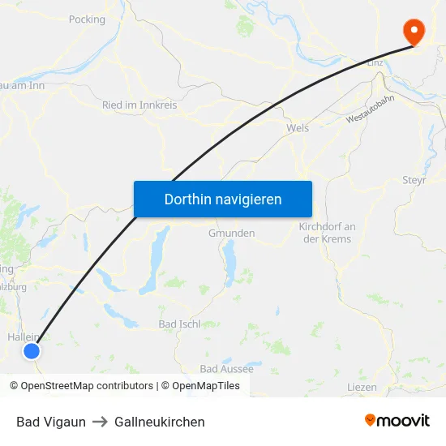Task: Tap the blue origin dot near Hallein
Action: coord(31,351)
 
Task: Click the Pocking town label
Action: coord(87,19)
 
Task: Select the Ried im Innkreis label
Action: coord(139,105)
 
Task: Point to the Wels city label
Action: coord(298,128)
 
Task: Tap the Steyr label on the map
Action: coord(414,180)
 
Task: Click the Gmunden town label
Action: coord(231,233)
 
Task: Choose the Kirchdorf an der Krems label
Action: coord(325,233)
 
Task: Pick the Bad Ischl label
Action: coord(179,324)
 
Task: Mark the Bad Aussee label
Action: coord(226,369)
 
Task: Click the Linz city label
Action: coord(375,62)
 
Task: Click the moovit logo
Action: coord(397,421)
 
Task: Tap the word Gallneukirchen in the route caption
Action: coord(160,422)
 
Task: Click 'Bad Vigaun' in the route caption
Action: coord(50,422)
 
